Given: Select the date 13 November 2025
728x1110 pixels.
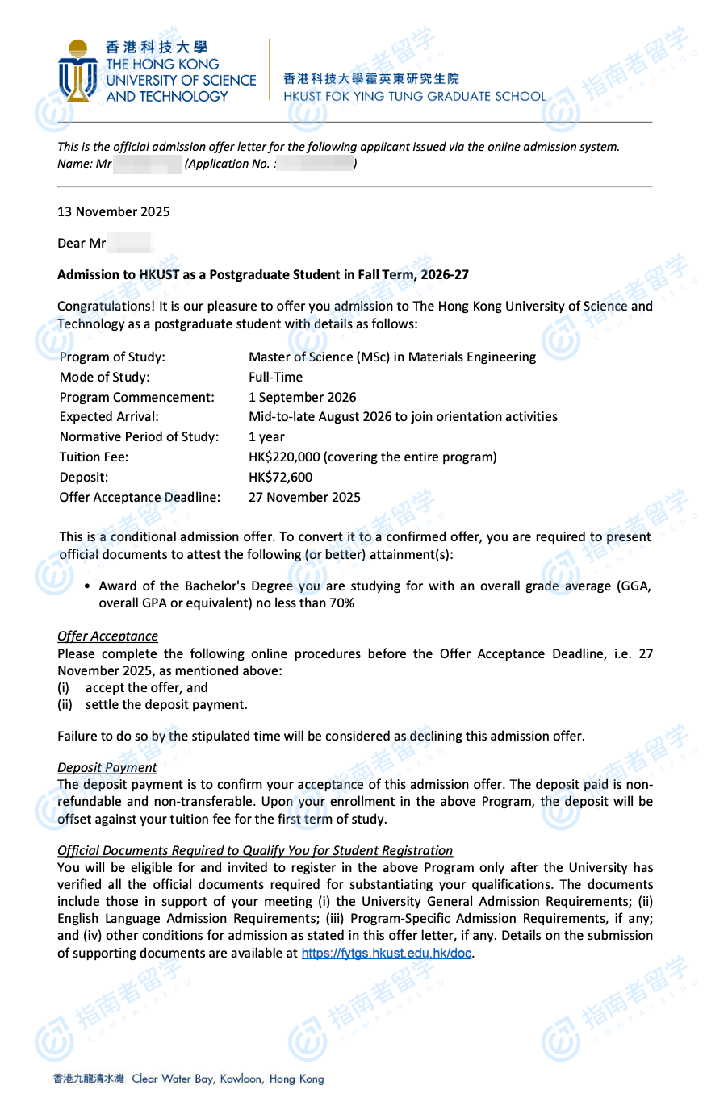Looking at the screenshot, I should [114, 211].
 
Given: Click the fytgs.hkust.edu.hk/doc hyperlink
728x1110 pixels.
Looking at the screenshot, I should [386, 953].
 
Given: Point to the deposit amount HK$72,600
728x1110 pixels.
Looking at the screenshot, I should [280, 477].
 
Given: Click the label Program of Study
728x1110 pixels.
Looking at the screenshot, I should [112, 357].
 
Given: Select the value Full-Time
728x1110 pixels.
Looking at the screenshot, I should [275, 377].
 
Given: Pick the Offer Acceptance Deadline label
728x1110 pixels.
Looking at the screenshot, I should [140, 497].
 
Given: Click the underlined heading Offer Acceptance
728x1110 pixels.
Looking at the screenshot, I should [107, 636].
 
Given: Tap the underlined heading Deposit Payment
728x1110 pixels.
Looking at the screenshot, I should [107, 767].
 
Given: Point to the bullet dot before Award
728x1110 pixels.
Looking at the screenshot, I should [87, 586].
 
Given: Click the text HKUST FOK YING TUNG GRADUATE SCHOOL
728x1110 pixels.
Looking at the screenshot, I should [414, 96].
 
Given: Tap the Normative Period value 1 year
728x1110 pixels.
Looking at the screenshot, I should [266, 436].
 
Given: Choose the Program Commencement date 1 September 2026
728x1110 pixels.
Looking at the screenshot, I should [302, 397].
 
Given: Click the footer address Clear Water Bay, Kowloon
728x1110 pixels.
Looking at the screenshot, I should [228, 1079].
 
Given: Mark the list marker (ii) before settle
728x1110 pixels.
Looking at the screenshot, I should [65, 704].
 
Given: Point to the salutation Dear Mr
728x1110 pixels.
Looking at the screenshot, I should [82, 243].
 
